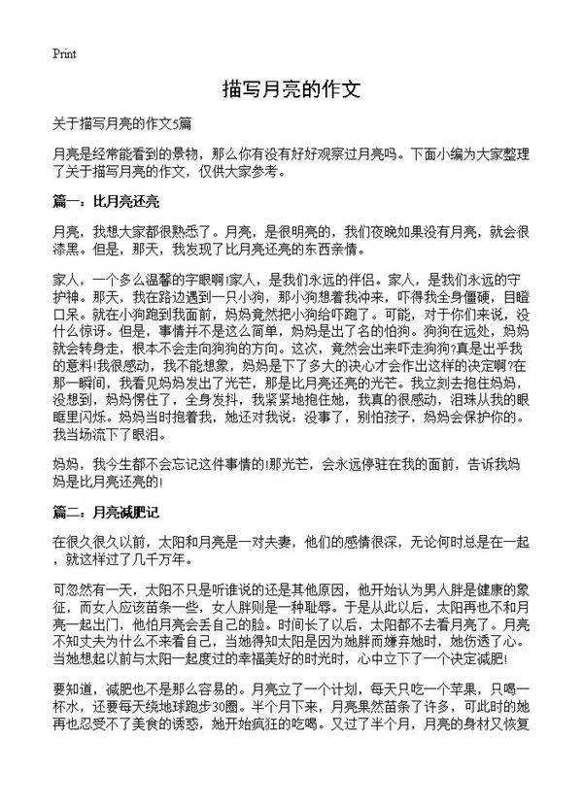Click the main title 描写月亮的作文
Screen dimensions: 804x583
tap(291, 90)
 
